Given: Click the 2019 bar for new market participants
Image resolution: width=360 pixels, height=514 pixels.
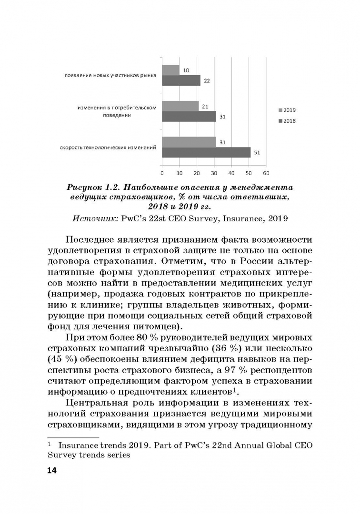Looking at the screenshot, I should (x=171, y=70).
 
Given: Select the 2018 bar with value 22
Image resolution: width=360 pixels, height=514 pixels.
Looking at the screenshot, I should (x=181, y=80).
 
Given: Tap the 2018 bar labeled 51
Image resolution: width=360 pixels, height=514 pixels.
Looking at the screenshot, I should (x=206, y=152).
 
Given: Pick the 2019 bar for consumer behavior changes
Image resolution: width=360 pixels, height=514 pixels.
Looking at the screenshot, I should (x=180, y=106).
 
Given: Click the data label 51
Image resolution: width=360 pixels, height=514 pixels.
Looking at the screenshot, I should (x=257, y=152).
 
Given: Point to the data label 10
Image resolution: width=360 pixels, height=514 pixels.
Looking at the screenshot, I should (x=186, y=70).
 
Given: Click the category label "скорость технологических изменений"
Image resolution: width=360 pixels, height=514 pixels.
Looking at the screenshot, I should (x=108, y=148).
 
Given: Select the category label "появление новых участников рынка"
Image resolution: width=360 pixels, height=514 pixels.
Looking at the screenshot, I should (x=110, y=76).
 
